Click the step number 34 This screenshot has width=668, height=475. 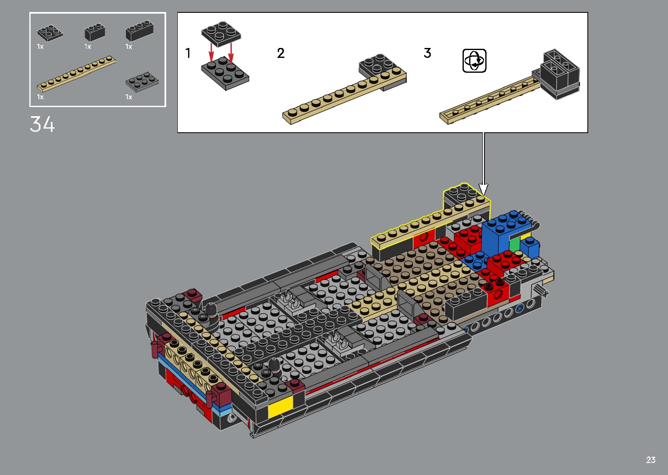42,124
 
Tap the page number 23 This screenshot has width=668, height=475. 651,460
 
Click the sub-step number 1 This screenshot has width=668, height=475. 188,53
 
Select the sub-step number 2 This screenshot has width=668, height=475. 281,53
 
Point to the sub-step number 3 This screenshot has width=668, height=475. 427,53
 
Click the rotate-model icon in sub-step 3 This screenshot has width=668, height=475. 474,61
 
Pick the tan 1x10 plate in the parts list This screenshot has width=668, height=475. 76,73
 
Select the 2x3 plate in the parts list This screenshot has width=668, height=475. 142,81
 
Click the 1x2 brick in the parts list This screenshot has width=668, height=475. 95,32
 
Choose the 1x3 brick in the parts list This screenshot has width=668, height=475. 139,31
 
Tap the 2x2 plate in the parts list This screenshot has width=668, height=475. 50,33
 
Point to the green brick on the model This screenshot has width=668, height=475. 514,245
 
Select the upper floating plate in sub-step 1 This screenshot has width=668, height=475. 221,33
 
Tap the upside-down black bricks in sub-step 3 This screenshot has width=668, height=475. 560,74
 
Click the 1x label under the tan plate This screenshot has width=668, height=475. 40,97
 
